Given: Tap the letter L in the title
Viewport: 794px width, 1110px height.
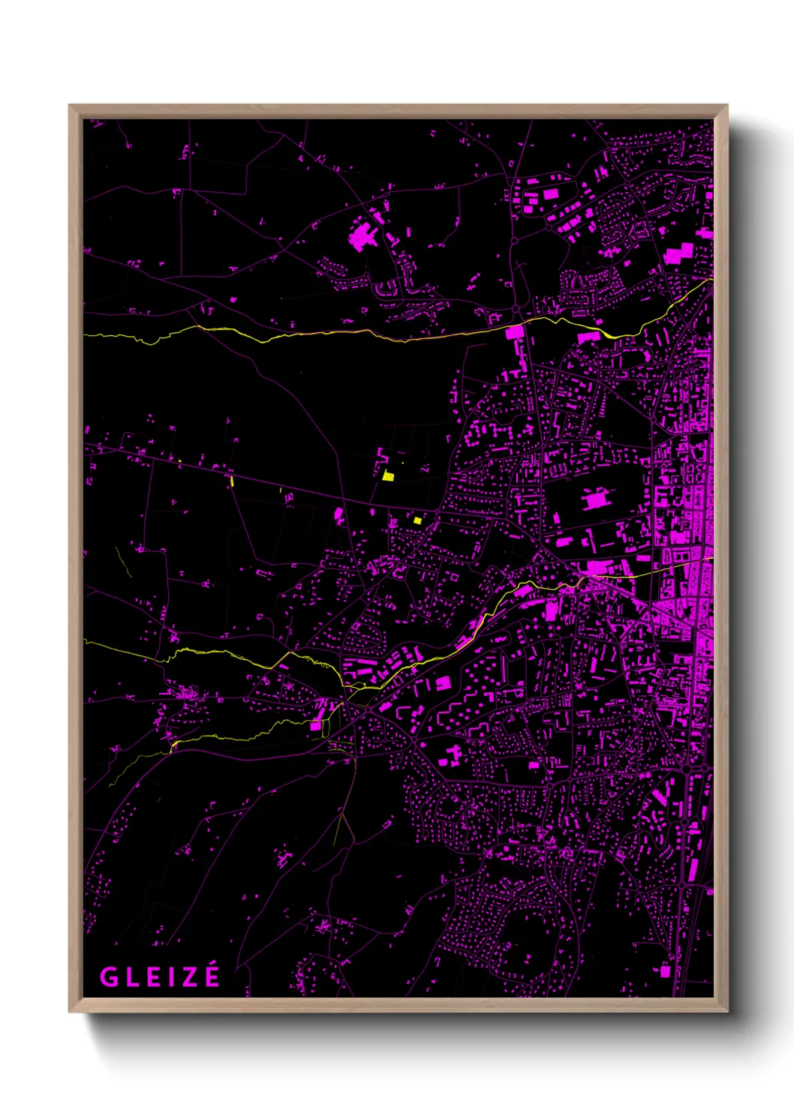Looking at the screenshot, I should [130, 977].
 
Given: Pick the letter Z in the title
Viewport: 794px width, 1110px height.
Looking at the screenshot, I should [187, 977].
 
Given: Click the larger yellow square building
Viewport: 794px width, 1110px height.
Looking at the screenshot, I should [388, 475].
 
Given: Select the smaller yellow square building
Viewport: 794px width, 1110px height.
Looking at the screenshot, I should [417, 520].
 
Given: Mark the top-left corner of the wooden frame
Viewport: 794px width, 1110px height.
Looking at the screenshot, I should [70, 106].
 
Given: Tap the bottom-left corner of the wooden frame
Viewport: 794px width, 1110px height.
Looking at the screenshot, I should [70, 1012].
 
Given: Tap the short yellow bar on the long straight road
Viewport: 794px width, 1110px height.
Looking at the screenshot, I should [233, 481].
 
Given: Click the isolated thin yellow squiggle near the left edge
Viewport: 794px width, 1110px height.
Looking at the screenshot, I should [123, 562].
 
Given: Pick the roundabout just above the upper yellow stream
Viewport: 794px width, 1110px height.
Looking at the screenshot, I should [516, 309].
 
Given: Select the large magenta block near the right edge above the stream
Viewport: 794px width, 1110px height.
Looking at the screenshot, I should [678, 253].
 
